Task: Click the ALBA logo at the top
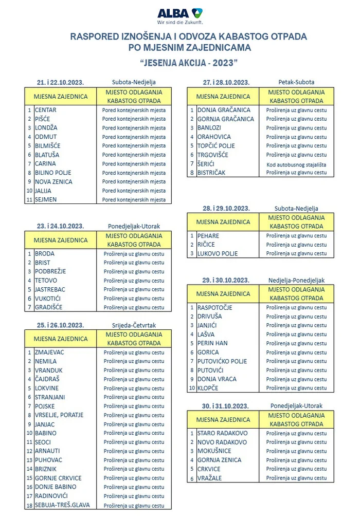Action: click(x=179, y=14)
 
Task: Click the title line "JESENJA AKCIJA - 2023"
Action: click(x=188, y=62)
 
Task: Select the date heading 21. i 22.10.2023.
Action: click(x=60, y=82)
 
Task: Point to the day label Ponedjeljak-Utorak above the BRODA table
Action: click(x=134, y=226)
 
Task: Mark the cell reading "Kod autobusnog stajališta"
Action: click(x=296, y=164)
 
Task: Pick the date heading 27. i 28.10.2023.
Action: click(x=226, y=82)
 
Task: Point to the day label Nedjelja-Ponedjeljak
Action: click(x=296, y=281)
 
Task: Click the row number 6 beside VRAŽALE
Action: click(x=191, y=478)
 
